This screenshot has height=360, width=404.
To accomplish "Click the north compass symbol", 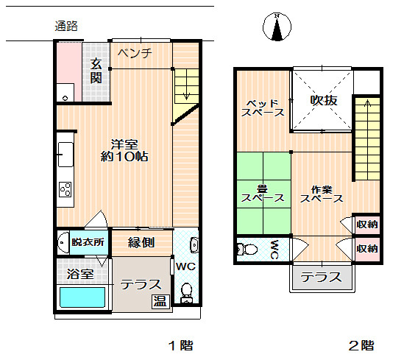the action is click(x=277, y=27).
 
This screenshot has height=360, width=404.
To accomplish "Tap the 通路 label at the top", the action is click(x=66, y=26).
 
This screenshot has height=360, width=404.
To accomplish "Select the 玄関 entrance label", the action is click(x=96, y=71).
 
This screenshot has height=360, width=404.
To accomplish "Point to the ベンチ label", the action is click(x=135, y=53).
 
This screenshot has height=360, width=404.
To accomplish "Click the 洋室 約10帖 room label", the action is click(x=124, y=150).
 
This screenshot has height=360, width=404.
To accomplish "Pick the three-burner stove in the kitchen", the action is click(x=65, y=189).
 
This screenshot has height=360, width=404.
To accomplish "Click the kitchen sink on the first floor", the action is click(x=65, y=154).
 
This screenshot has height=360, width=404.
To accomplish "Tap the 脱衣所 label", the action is click(x=88, y=242).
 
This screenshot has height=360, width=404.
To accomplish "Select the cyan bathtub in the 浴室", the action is click(x=82, y=297).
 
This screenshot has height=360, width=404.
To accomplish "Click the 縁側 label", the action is click(x=141, y=242).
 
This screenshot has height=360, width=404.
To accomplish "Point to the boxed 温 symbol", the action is click(x=160, y=301).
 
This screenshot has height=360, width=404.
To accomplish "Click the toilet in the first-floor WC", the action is click(x=186, y=293).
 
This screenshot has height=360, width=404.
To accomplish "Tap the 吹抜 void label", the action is click(x=323, y=100).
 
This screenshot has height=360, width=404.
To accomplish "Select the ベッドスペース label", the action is click(x=263, y=108).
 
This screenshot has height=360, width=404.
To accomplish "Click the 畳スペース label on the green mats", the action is click(x=263, y=194).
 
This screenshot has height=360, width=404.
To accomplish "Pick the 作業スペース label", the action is click(x=322, y=194).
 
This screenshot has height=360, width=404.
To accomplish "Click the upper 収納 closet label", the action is click(x=367, y=225).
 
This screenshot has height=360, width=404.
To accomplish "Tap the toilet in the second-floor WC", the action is click(x=247, y=249).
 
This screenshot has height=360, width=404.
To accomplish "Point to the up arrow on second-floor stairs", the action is click(x=368, y=103).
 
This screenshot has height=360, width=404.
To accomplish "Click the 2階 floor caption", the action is click(x=361, y=345).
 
